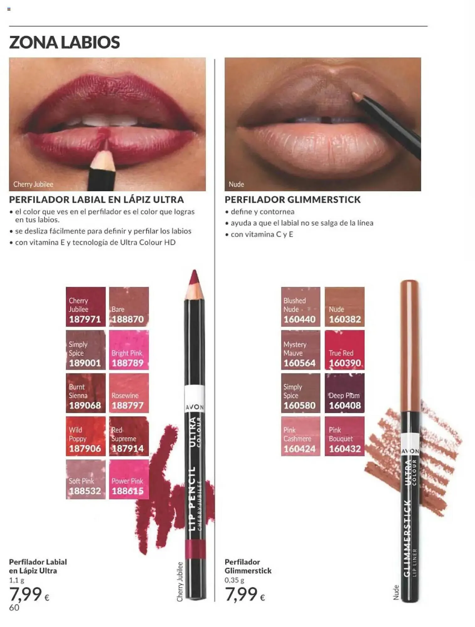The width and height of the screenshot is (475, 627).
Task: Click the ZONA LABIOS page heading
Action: tap(65, 42)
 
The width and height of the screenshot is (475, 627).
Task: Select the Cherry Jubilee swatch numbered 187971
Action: tap(86, 307)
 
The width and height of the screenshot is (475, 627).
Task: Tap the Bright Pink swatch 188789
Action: tap(129, 350)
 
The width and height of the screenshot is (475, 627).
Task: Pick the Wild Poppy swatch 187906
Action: tap(86, 436)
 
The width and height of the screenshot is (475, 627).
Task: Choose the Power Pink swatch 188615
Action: tap(129, 479)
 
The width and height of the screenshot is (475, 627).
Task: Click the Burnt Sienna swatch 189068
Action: tap(86, 393)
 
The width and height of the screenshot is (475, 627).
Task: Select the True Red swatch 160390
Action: tap(344, 350)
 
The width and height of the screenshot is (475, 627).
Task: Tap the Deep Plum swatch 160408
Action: tap(344, 393)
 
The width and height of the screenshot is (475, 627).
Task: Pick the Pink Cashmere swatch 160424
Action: tap(301, 436)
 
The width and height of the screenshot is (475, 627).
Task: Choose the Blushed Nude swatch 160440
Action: tap(301, 307)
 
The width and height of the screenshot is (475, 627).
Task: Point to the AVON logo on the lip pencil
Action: tap(195, 407)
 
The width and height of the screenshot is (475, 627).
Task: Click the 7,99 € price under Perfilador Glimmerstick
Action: tap(245, 594)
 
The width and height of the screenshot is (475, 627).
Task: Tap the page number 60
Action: tap(14, 608)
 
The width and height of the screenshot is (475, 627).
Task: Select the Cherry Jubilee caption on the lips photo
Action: tap(33, 184)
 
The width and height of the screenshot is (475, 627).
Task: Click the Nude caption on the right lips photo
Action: tap(236, 184)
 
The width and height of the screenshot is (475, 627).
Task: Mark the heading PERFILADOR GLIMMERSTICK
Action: tap(293, 200)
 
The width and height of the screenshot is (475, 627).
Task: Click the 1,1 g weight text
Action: tap(17, 580)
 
